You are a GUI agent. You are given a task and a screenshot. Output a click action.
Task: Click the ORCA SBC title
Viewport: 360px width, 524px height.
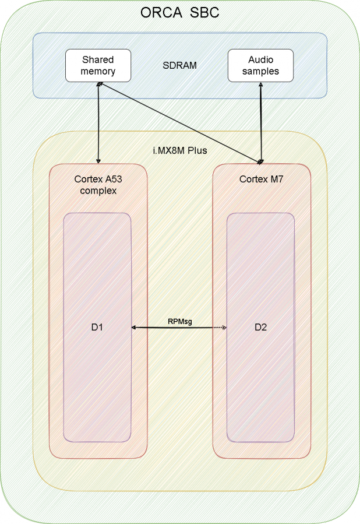coord(180,12)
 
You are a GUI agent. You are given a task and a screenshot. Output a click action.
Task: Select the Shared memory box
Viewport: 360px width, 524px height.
coord(98,66)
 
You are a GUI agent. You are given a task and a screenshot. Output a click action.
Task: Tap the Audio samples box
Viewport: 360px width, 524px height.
coord(260,66)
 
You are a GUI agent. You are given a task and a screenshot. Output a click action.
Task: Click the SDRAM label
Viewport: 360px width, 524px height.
coord(179,65)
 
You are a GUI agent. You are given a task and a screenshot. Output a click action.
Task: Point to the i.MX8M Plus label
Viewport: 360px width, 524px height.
coord(179,150)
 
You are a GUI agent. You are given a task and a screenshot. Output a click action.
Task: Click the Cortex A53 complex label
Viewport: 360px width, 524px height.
coord(98,185)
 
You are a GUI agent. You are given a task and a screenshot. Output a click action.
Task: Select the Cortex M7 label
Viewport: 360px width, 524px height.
coord(261,179)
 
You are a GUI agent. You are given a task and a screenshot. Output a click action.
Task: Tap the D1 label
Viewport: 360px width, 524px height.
coord(97,328)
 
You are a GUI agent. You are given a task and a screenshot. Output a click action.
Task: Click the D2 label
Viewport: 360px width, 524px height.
coord(261,328)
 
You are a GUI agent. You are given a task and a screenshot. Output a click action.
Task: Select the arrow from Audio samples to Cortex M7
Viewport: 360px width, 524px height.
coord(261,122)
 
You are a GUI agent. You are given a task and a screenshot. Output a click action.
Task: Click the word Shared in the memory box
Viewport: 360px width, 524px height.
coord(98,59)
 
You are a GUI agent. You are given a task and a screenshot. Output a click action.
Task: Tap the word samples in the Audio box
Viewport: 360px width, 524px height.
coord(260,72)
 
